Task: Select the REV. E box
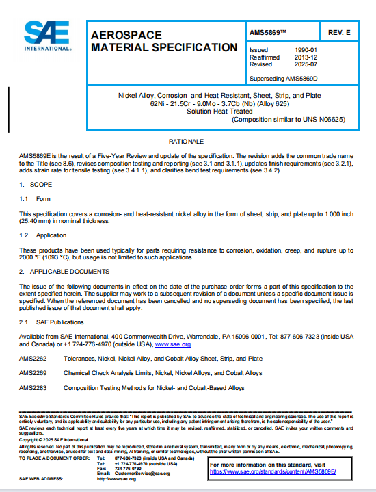[x=339, y=32]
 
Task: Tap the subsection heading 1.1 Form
[x=36, y=199]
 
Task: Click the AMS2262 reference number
[x=33, y=359]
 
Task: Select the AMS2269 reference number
[x=33, y=374]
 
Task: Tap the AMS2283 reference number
[x=33, y=389]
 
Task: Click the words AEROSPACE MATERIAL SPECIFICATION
[x=164, y=40]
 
